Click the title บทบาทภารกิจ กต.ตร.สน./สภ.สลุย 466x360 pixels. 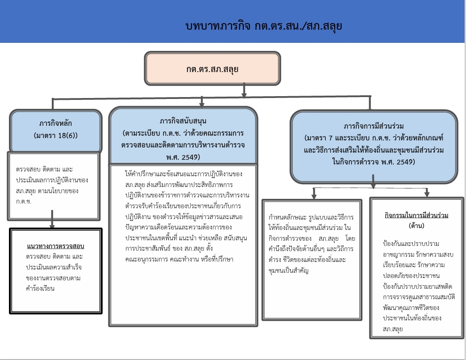tap(264, 26)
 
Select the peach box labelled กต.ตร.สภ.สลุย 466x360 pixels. tap(212, 68)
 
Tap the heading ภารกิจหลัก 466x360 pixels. tap(56, 123)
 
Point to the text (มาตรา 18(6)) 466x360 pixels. tap(56, 135)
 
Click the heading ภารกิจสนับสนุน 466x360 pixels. tap(183, 121)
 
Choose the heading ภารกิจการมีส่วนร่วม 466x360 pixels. tap(374, 126)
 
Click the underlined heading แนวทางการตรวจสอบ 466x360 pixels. tap(56, 246)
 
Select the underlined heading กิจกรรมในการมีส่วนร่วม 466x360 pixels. tap(417, 215)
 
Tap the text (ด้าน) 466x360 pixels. tap(417, 226)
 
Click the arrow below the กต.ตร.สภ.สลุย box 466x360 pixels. tap(244, 90)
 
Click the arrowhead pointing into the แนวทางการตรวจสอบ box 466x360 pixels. tap(52, 226)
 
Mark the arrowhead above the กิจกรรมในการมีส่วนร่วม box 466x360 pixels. tap(427, 194)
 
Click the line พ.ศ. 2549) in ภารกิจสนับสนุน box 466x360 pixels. tap(183, 157)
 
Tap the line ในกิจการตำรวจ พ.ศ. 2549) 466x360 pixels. tap(374, 162)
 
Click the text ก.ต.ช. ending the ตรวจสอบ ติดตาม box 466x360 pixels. tap(24, 201)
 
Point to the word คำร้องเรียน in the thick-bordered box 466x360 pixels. tap(40, 288)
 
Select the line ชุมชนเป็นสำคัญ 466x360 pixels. tap(288, 270)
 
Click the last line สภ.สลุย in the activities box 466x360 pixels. tap(393, 329)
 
